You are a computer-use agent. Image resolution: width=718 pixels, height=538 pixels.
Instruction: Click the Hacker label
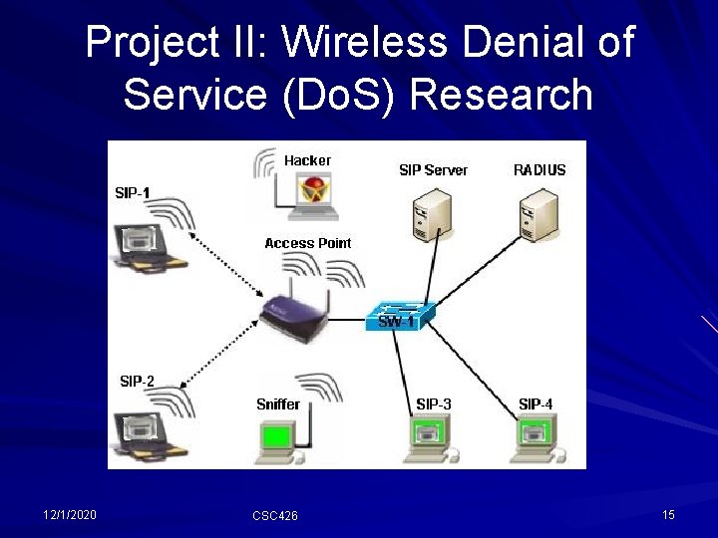pyautogui.click(x=307, y=160)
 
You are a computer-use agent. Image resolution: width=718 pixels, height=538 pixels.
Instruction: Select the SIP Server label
pyautogui.click(x=433, y=170)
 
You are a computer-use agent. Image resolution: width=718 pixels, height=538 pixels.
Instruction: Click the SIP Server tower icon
pyautogui.click(x=432, y=216)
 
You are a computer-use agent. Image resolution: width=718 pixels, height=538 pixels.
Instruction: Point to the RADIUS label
pyautogui.click(x=539, y=170)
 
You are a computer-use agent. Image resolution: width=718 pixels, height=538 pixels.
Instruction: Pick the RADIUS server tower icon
pyautogui.click(x=539, y=216)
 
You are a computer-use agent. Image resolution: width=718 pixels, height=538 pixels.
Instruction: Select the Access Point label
pyautogui.click(x=308, y=243)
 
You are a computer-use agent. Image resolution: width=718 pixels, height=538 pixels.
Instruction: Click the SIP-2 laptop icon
pyautogui.click(x=147, y=434)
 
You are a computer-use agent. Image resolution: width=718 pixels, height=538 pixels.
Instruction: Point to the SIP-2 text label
pyautogui.click(x=137, y=381)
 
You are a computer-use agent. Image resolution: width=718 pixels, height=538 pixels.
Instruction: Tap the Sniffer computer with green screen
pyautogui.click(x=278, y=439)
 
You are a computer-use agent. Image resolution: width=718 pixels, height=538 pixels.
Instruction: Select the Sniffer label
pyautogui.click(x=277, y=403)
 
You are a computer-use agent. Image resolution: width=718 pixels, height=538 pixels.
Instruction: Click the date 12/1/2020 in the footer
pyautogui.click(x=70, y=514)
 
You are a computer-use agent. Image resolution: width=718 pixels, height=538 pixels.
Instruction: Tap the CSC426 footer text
pyautogui.click(x=274, y=515)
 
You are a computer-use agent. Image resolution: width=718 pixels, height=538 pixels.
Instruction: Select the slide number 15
pyautogui.click(x=668, y=514)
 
